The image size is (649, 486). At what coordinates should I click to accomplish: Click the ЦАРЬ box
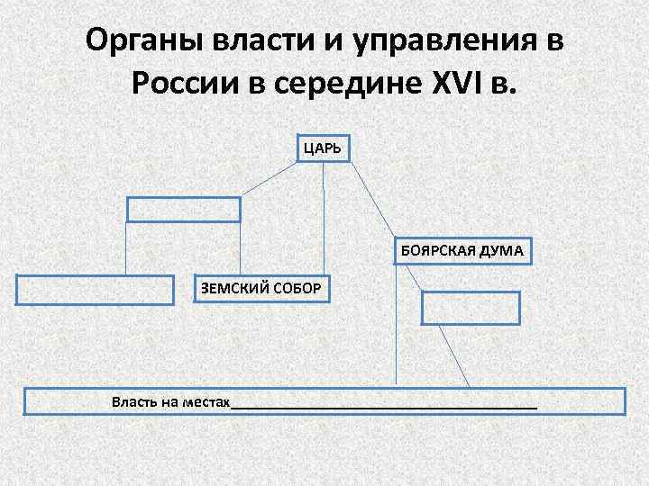click(x=324, y=148)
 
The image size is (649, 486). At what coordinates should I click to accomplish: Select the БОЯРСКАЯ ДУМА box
click(x=462, y=250)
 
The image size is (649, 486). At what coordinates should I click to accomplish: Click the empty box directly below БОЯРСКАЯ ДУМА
click(x=471, y=307)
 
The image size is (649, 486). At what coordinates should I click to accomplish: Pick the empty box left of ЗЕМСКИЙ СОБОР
click(x=95, y=290)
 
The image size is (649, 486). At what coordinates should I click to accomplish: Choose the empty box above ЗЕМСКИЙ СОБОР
click(x=184, y=209)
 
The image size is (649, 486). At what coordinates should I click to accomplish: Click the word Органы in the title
click(x=144, y=41)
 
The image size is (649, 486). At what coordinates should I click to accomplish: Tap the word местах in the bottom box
click(x=205, y=400)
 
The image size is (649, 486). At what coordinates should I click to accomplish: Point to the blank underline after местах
click(x=384, y=405)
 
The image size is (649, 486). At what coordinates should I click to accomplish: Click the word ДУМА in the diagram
click(x=502, y=250)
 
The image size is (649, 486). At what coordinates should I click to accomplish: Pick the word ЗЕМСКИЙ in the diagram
click(x=233, y=288)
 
